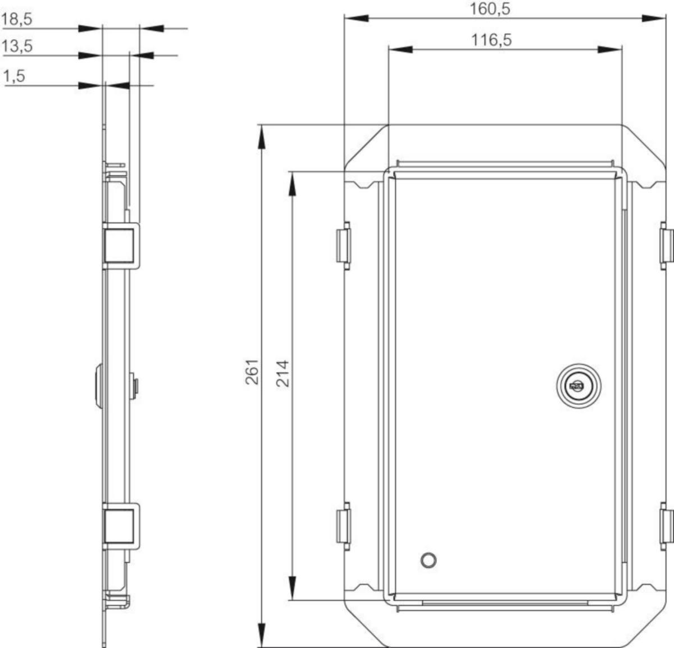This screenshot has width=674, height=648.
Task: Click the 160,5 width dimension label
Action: tap(490, 9)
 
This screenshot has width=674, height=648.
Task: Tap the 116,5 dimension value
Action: tap(491, 40)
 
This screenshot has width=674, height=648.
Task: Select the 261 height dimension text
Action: tap(252, 372)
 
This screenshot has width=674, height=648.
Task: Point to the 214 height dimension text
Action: tap(283, 373)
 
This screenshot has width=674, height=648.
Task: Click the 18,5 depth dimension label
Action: tap(17, 19)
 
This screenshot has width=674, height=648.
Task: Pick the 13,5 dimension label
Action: tap(17, 45)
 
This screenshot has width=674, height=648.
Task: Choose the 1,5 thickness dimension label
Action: tap(15, 76)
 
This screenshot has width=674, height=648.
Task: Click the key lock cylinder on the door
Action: tap(579, 386)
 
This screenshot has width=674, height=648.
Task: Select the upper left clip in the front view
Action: tap(344, 245)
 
